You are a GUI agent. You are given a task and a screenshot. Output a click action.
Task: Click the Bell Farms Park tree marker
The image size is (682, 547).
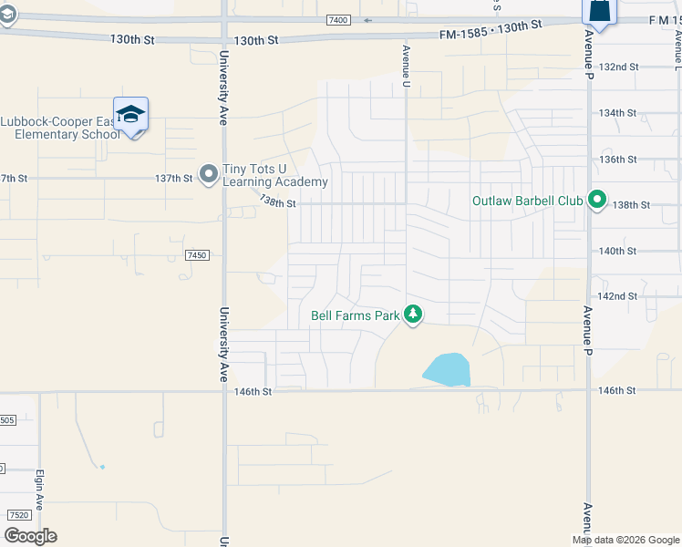[414, 315]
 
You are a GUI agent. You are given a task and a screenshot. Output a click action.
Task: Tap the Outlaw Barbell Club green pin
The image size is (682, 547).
[597, 199]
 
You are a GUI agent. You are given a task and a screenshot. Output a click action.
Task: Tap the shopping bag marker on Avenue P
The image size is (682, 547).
[599, 11]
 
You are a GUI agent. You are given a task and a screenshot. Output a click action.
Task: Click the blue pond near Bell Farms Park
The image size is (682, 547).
[447, 369]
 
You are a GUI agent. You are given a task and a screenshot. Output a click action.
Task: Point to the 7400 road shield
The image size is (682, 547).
[339, 20]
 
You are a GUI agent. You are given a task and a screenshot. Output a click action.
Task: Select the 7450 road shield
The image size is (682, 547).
[197, 255]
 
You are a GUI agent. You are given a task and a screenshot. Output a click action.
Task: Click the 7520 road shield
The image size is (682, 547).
[16, 515]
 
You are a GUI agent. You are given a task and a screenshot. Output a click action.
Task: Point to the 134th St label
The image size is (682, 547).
[617, 113]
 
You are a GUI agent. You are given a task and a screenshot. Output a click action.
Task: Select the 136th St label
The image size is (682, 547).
[617, 160]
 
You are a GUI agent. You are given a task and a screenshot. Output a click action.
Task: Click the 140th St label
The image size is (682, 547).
[617, 251]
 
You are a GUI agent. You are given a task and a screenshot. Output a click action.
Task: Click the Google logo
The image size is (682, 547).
[30, 536]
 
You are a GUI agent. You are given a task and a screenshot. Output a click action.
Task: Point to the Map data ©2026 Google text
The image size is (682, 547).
[625, 540]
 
